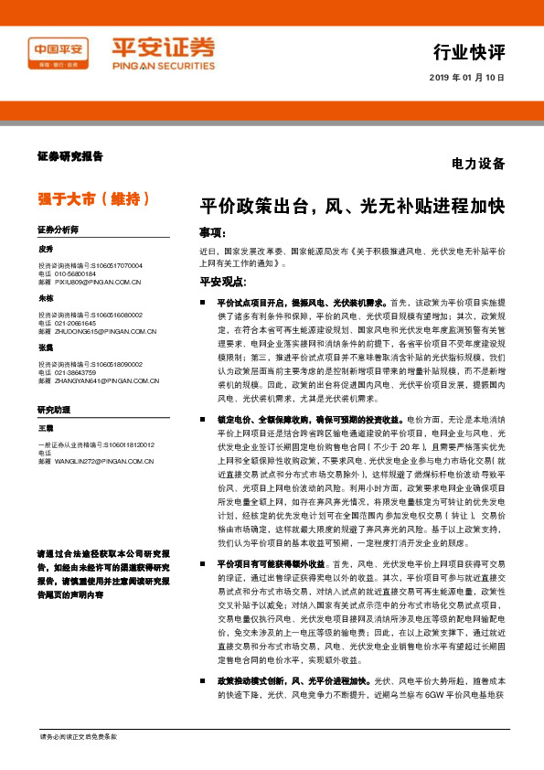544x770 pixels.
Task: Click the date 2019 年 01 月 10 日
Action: pos(466,79)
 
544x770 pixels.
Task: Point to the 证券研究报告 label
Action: pos(70,156)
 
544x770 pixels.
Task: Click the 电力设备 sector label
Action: pos(477,165)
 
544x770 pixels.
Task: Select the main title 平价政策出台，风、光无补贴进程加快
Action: pos(352,207)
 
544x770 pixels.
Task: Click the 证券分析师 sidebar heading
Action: pos(58,229)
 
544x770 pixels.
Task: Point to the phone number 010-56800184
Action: pos(74,273)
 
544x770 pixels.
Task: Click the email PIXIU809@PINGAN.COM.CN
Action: pos(95,282)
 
